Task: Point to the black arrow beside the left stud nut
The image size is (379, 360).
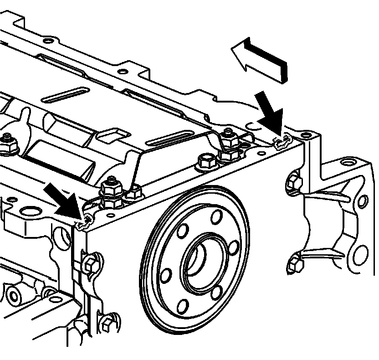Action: tap(61, 200)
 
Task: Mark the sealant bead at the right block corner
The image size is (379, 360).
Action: tap(282, 143)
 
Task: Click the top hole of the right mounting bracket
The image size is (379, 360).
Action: tap(346, 161)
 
